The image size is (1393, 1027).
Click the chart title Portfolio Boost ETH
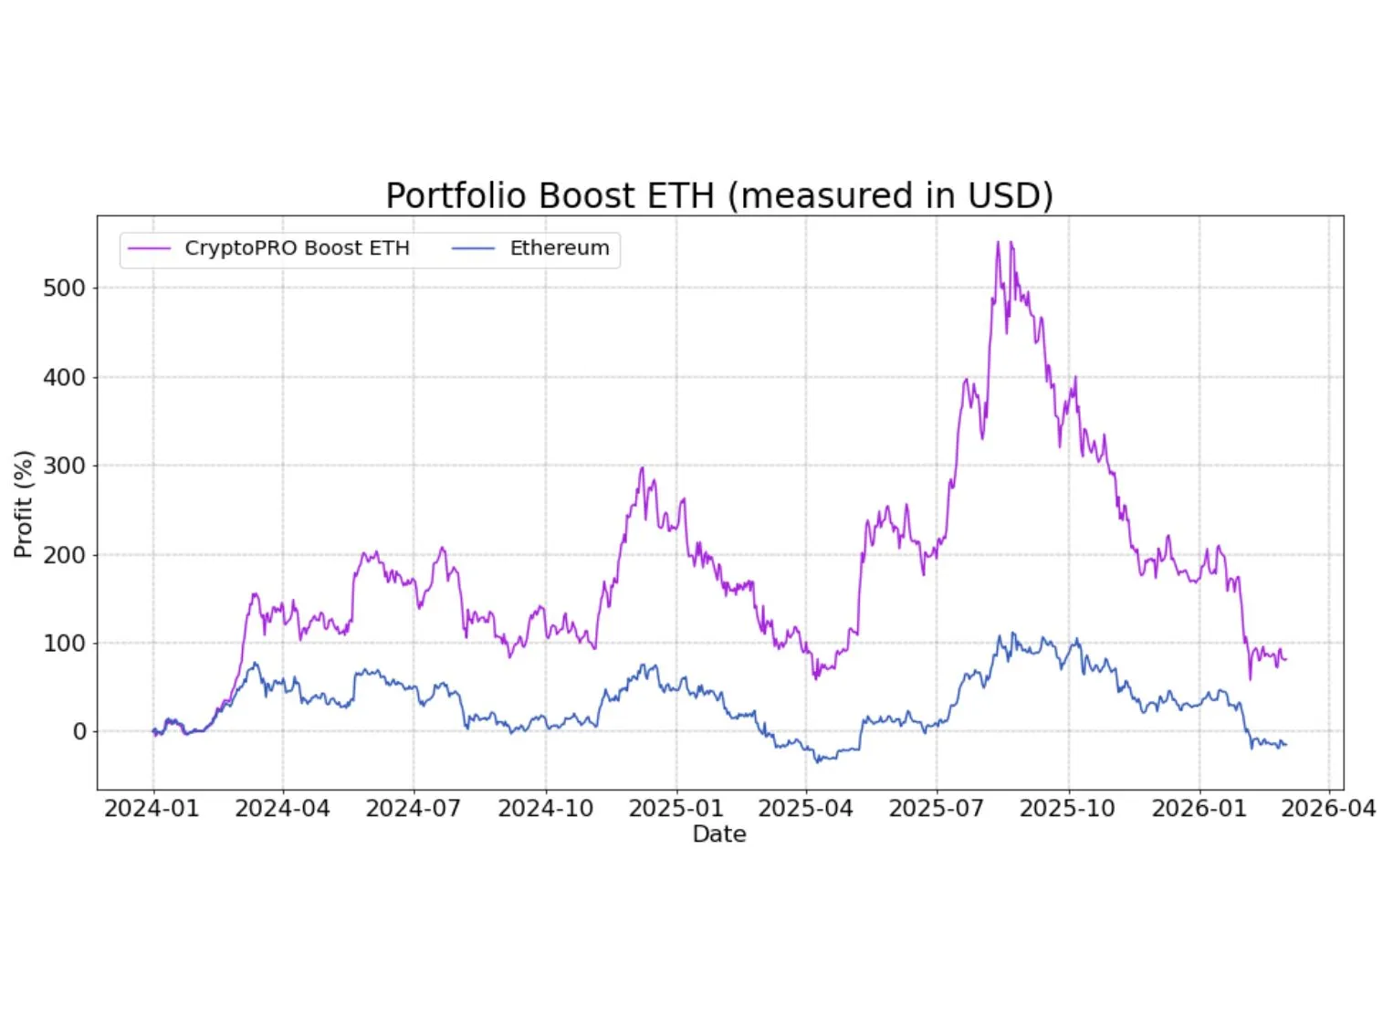tap(718, 196)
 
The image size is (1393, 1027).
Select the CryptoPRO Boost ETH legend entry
tap(297, 248)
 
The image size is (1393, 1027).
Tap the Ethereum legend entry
tap(559, 248)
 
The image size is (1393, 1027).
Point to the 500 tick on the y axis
tap(64, 288)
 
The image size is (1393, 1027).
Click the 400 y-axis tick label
tap(64, 377)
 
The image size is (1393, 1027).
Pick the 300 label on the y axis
tap(64, 466)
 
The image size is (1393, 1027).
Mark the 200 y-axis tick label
tap(64, 555)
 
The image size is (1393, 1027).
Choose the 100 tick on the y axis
tap(64, 644)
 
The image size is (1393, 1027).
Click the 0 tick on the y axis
tap(80, 732)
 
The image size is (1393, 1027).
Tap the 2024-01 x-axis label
tap(152, 809)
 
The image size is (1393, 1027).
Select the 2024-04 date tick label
tap(282, 809)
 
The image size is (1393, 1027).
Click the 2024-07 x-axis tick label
tap(413, 809)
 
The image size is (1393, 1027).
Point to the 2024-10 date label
tap(545, 809)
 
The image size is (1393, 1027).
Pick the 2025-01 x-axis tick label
tap(676, 809)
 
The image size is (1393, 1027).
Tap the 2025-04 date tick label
tap(805, 809)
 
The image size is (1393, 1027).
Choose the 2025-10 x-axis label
tap(1067, 809)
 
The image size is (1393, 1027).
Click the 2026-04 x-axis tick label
tap(1328, 809)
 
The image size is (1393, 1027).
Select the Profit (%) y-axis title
tap(24, 504)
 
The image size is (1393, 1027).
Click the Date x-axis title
tap(719, 834)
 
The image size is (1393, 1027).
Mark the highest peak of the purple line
tap(998, 242)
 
